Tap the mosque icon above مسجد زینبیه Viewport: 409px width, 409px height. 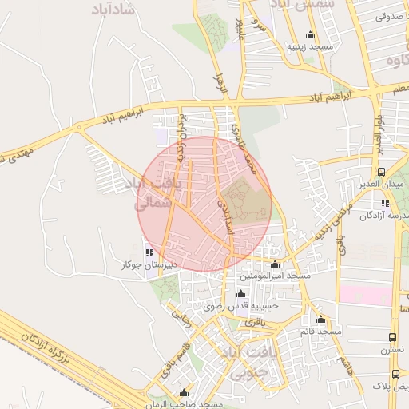click(310, 35)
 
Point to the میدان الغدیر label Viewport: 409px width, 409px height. click(380, 185)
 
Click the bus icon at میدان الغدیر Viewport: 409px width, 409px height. click(382, 172)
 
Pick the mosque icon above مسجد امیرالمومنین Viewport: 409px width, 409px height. click(276, 264)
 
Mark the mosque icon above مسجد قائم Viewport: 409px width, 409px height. click(320, 319)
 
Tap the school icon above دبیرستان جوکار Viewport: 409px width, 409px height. click(149, 252)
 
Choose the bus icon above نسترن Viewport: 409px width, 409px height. click(392, 338)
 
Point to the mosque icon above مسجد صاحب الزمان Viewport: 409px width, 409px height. click(185, 393)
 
